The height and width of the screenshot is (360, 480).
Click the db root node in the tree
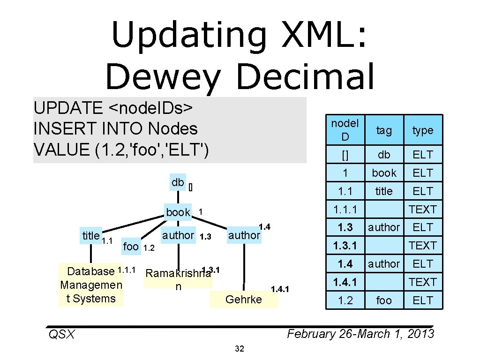tap(178, 182)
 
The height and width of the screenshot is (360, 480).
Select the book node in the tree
tap(178, 212)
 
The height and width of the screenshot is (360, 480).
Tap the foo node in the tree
tap(131, 246)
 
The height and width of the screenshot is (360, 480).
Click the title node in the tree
tap(91, 236)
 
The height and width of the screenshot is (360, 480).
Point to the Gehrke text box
tap(244, 300)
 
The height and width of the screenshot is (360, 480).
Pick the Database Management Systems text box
tap(91, 285)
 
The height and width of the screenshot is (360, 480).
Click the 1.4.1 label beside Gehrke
tap(280, 289)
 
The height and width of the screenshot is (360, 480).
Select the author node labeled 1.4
tap(244, 235)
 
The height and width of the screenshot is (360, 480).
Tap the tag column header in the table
tap(384, 130)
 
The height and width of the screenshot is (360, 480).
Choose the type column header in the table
tap(423, 130)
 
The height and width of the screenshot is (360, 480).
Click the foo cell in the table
tap(384, 300)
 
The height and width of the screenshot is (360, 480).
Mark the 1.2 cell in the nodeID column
tap(345, 300)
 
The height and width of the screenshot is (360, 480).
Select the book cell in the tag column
tap(384, 173)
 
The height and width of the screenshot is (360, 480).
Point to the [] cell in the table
tap(345, 154)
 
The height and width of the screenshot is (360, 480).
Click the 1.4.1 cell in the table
tap(345, 282)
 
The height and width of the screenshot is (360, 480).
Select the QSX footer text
tap(61, 334)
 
